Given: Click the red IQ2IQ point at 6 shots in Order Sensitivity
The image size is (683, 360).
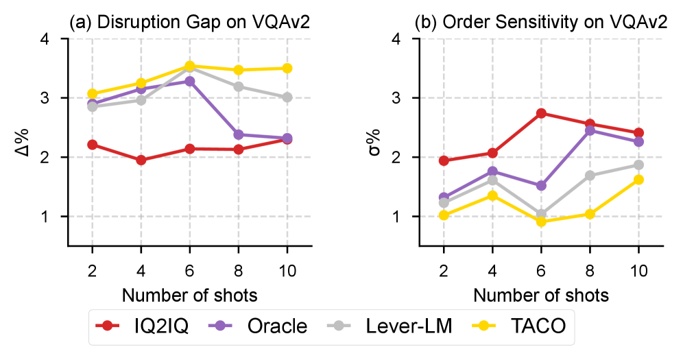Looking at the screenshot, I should click(541, 113).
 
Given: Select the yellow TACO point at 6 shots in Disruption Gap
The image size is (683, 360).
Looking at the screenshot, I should click(190, 66).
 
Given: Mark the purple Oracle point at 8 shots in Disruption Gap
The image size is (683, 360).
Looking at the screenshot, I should click(239, 134).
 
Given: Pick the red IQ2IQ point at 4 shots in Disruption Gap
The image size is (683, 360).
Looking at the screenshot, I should click(141, 160).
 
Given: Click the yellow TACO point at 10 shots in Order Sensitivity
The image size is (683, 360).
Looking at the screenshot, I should click(638, 180).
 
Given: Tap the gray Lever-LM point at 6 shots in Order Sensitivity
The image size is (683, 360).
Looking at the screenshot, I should click(541, 214).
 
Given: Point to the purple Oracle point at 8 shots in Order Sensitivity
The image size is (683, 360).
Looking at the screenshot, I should click(590, 130).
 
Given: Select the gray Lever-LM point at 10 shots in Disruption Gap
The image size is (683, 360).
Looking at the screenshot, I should click(287, 97).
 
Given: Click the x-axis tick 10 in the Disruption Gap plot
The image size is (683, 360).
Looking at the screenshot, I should click(287, 271).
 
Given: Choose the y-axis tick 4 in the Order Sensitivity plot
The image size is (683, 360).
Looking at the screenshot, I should click(405, 39).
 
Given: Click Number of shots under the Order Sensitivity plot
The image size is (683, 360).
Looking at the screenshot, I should click(541, 296).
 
